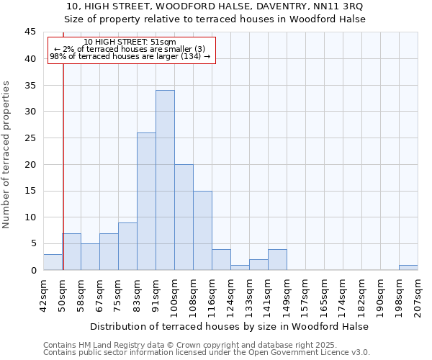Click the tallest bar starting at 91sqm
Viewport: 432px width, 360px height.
[165, 180]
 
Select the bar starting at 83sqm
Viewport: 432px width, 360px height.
[146, 202]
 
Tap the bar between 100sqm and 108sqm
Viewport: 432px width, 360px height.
[184, 217]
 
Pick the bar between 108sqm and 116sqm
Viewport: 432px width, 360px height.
[202, 230]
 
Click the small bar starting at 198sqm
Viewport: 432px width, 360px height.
[408, 267]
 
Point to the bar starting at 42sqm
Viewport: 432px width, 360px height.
[53, 262]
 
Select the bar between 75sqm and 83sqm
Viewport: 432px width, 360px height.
[127, 246]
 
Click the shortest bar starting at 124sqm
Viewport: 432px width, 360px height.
[240, 267]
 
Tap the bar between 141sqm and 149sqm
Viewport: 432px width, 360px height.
[277, 259]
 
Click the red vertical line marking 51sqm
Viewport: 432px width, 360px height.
[63, 166]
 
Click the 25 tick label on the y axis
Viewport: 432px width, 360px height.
[30, 138]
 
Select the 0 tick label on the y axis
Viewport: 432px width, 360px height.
[33, 270]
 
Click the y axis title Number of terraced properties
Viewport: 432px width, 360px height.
[6, 155]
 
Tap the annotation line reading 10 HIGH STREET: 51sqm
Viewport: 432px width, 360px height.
[130, 42]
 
